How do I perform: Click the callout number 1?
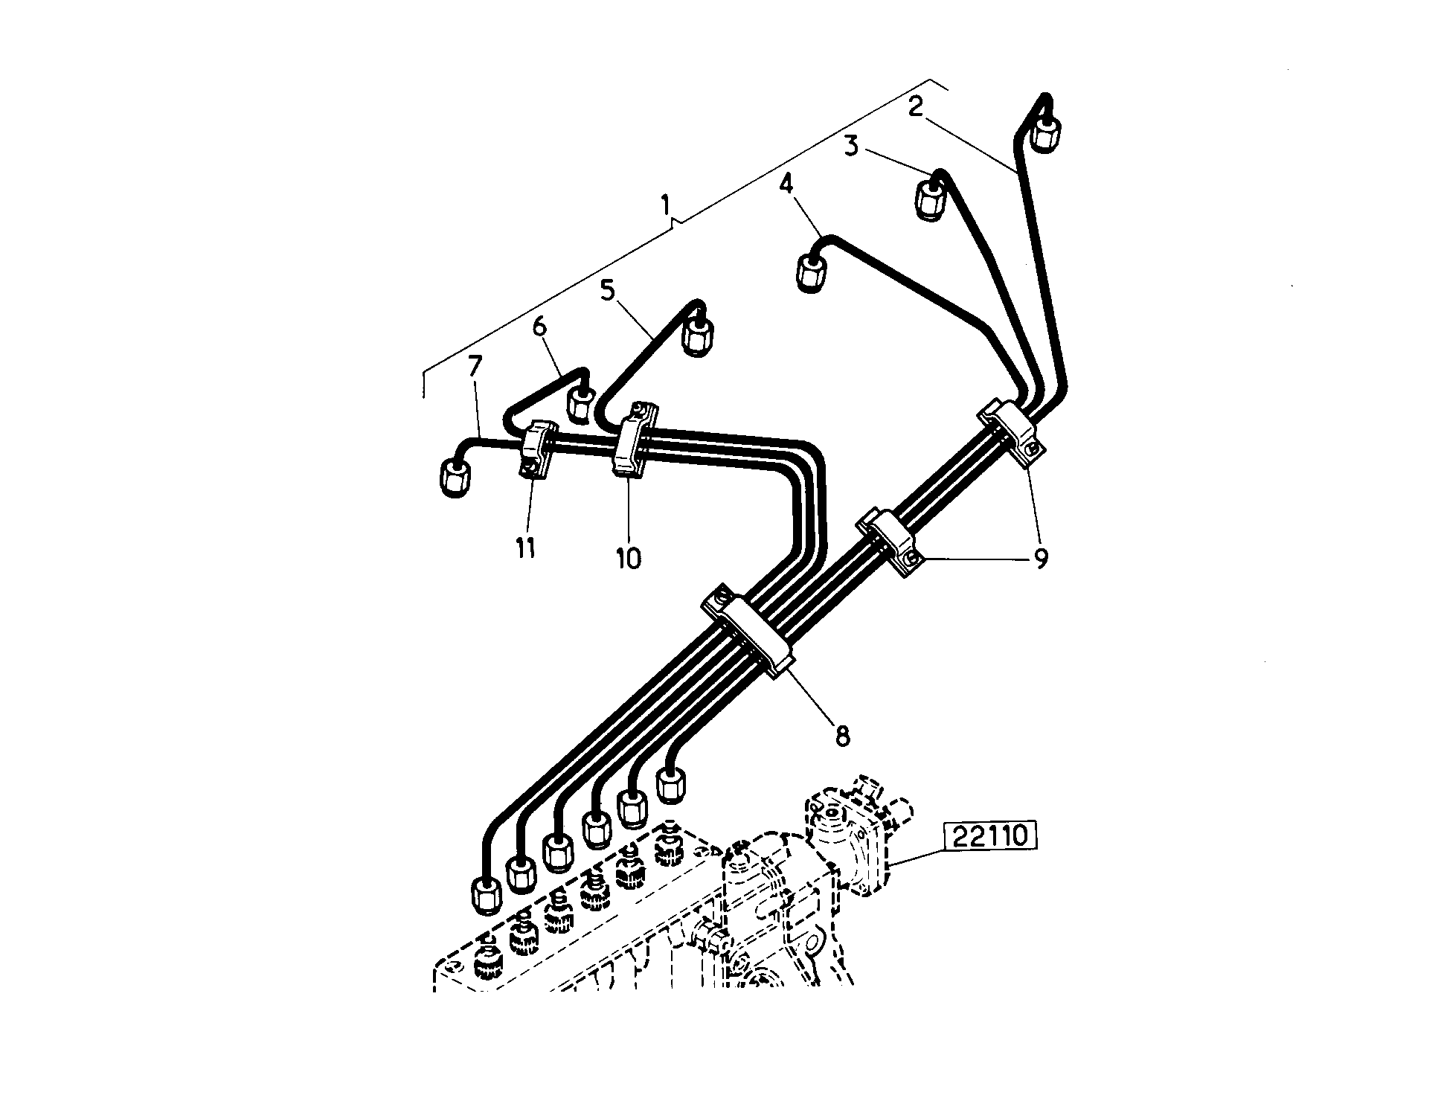tap(667, 204)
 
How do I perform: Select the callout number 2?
tap(916, 107)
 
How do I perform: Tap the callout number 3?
tap(852, 145)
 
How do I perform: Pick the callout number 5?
tap(609, 290)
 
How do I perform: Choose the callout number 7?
tap(475, 367)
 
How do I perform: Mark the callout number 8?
tap(841, 736)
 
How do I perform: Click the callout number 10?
tap(629, 558)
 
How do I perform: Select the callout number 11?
tap(525, 548)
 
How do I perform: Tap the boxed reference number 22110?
tap(989, 835)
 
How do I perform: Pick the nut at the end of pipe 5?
tap(698, 336)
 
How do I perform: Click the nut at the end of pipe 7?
tap(455, 478)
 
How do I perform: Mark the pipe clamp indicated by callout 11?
tap(537, 452)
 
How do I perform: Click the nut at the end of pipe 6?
tap(581, 405)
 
